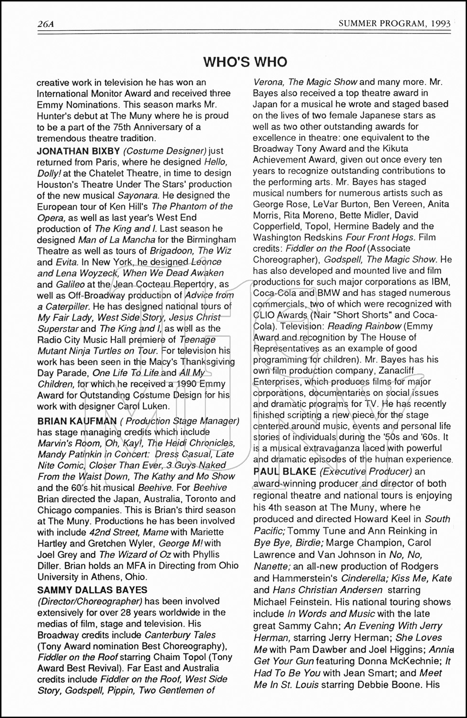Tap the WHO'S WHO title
[245, 62]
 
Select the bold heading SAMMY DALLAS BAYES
[92, 590]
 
